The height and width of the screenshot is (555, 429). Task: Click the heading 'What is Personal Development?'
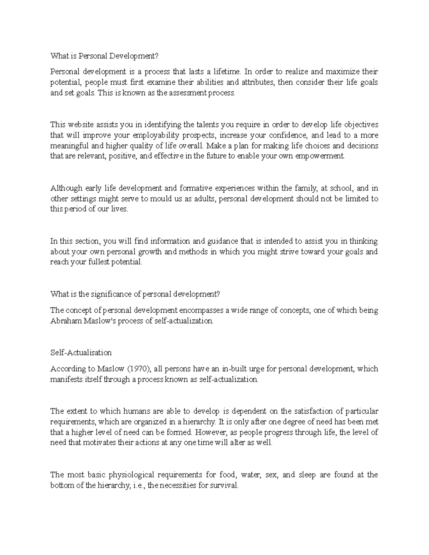pyautogui.click(x=104, y=56)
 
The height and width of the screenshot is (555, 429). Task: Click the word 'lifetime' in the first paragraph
pyautogui.click(x=226, y=72)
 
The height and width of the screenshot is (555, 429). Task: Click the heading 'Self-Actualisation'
pyautogui.click(x=81, y=353)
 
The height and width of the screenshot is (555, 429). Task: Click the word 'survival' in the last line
pyautogui.click(x=223, y=486)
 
